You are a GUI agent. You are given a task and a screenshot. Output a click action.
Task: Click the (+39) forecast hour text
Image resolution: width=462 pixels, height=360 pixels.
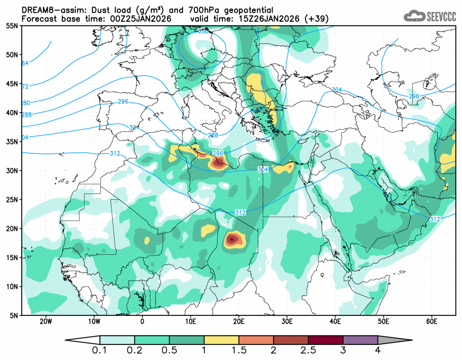coord(316,19)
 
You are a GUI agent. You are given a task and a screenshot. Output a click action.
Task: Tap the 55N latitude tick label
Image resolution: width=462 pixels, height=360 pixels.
coord(12,26)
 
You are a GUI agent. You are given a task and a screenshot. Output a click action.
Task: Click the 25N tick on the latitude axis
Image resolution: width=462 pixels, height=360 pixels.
coord(12,200)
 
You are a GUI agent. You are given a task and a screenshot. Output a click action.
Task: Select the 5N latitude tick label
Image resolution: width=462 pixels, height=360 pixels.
coord(14,316)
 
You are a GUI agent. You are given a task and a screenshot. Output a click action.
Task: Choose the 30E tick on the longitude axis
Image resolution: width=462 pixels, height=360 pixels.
coord(287,321)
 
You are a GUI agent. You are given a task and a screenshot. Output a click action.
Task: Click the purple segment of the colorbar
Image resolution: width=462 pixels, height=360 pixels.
coord(360,340)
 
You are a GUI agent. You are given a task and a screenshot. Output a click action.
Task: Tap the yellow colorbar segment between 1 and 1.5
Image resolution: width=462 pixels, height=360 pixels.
coord(221,340)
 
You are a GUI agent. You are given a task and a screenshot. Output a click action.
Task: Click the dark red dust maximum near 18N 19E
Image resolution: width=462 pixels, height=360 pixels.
coord(232,239)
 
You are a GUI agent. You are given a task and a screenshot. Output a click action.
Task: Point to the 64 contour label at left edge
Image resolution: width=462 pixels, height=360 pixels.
coord(25,63)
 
